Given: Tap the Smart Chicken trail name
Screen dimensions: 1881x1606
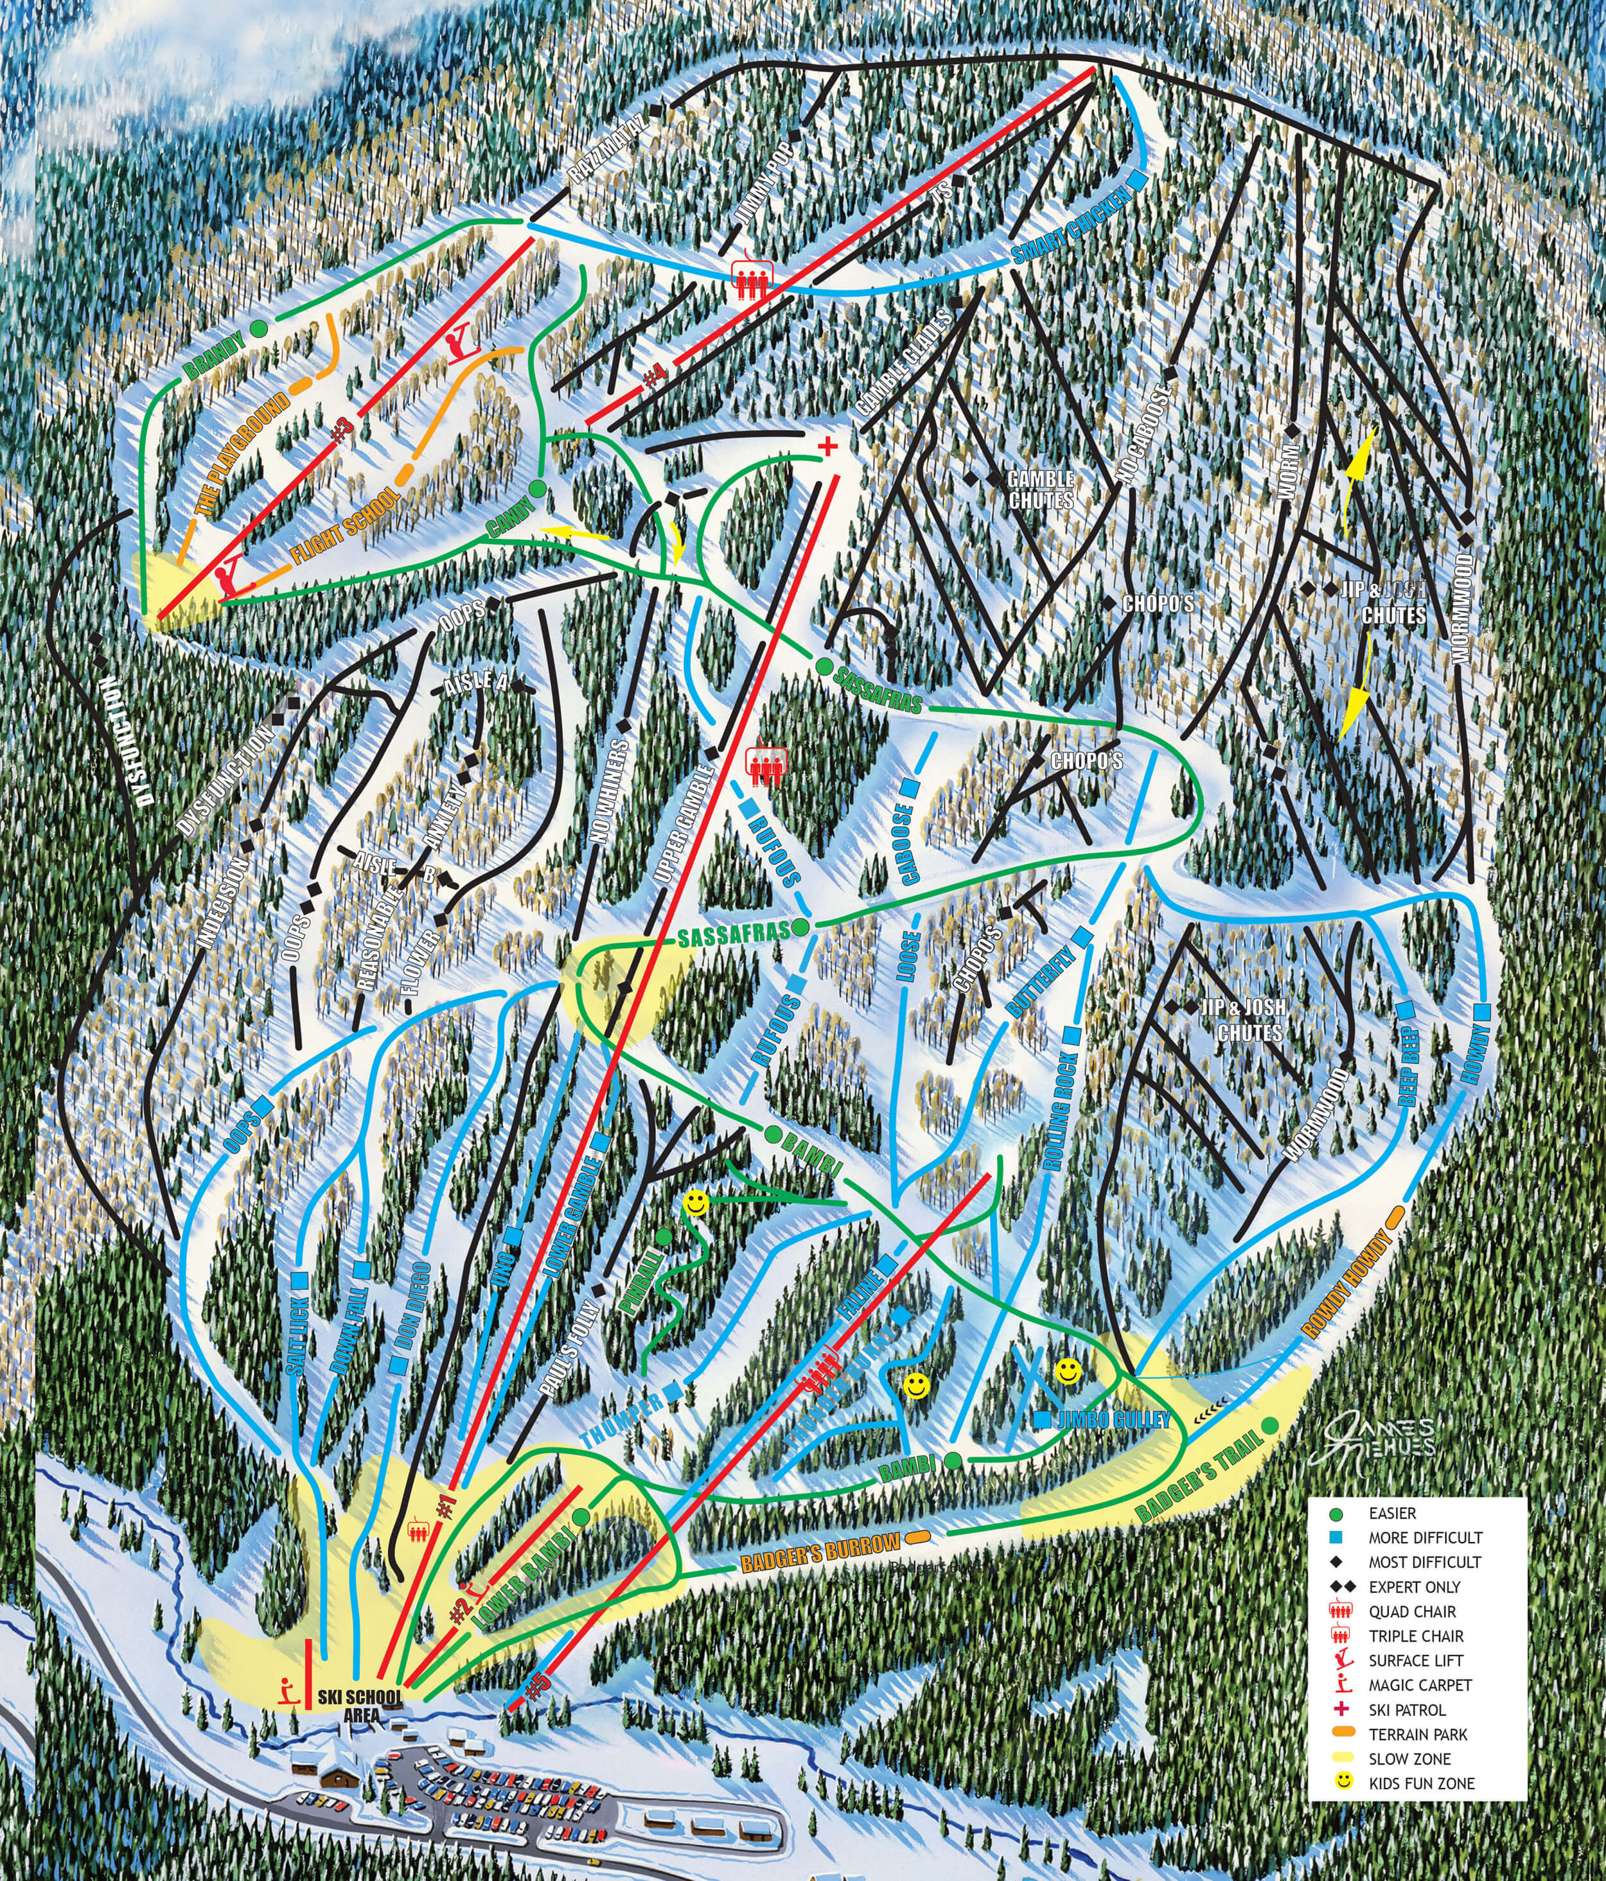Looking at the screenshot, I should coord(1072,226).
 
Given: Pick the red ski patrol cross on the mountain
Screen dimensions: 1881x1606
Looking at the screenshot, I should coord(826,446).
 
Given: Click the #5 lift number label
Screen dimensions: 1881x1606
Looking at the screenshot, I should coord(538,1684).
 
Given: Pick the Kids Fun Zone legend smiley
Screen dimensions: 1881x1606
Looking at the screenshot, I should coord(1344,1781).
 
